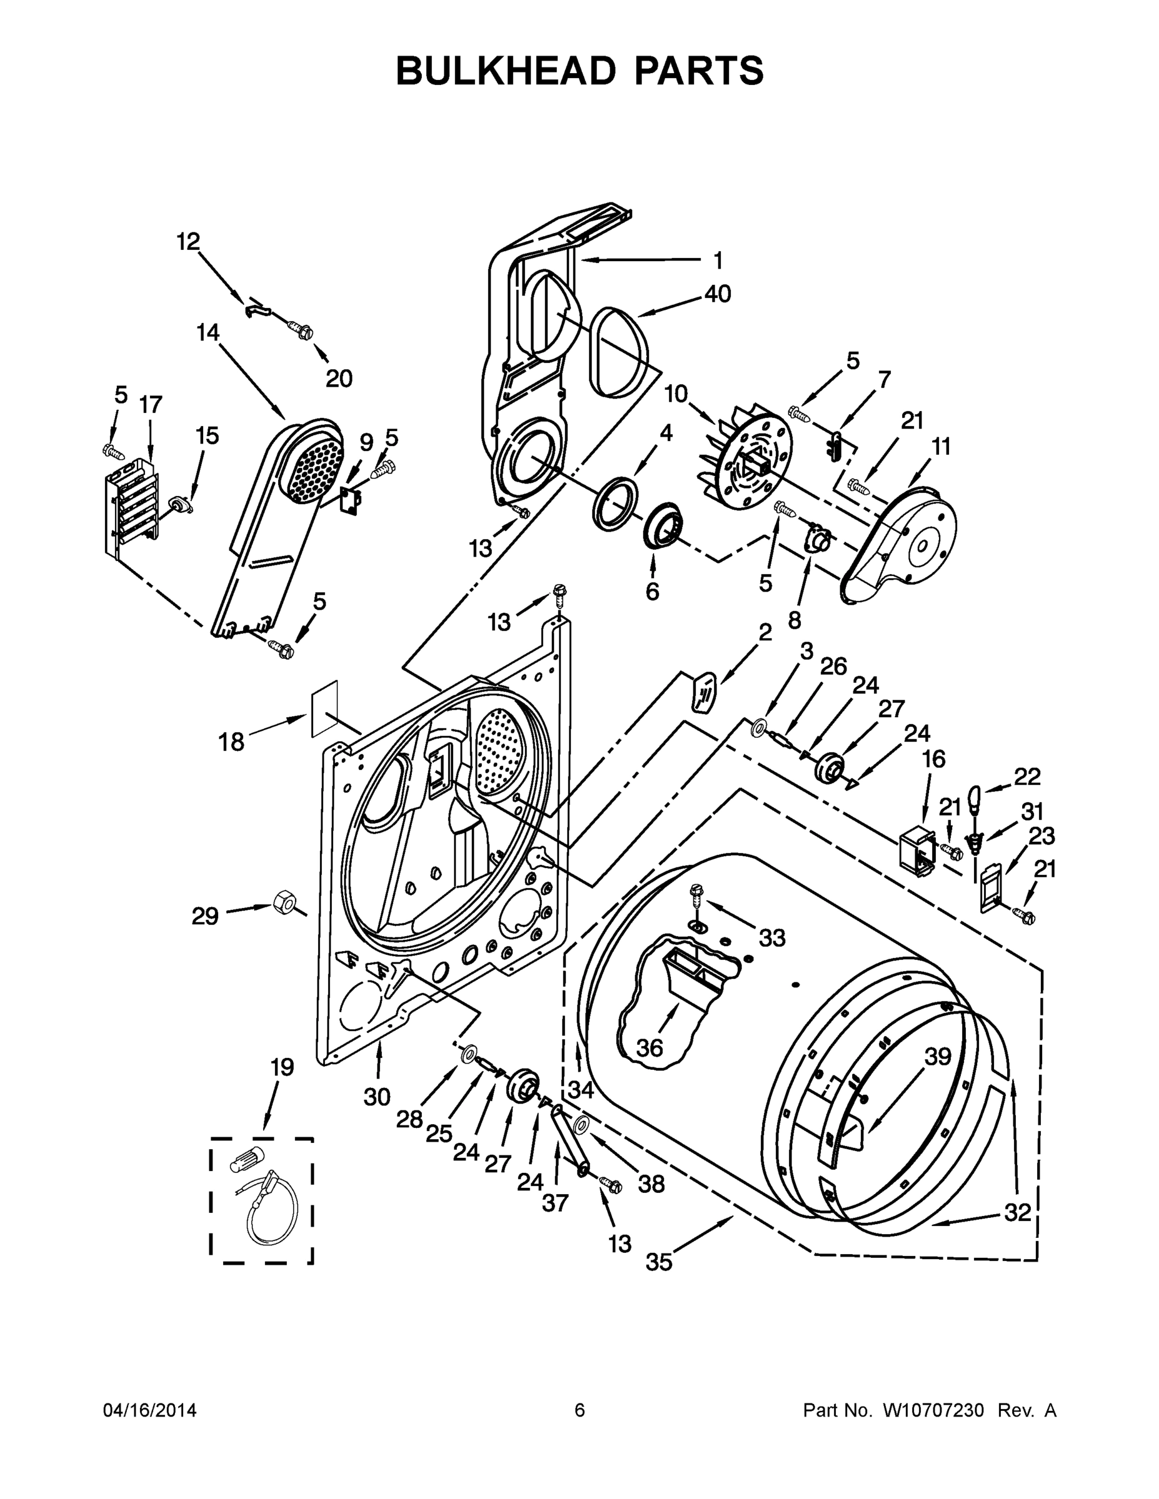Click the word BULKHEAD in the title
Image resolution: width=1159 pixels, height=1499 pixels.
(505, 71)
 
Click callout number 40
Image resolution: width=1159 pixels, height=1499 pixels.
(717, 294)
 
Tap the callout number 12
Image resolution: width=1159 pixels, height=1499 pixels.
(188, 241)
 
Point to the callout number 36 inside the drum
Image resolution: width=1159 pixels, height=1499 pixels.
(650, 1047)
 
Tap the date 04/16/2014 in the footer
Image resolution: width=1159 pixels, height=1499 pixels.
(150, 1410)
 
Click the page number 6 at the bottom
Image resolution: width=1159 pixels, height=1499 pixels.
(580, 1410)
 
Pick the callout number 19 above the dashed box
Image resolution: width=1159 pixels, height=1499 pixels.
(282, 1067)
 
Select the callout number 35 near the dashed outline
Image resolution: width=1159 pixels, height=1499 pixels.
(659, 1262)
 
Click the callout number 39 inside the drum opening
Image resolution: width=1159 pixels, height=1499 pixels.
(937, 1057)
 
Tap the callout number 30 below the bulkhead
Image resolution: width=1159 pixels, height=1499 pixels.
(377, 1097)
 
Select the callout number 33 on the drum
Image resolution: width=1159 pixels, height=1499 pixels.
(772, 937)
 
